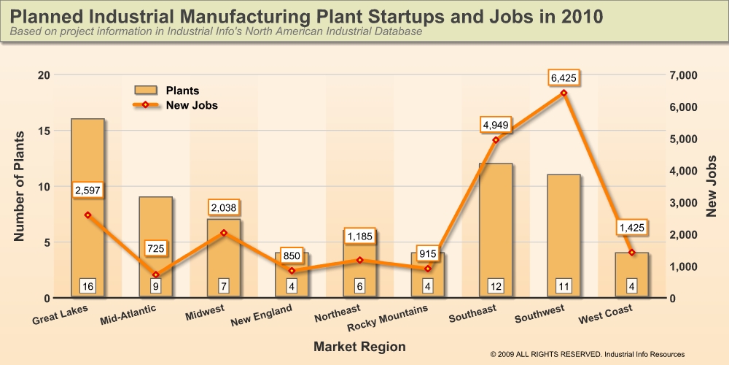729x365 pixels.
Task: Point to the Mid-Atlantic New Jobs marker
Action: click(155, 275)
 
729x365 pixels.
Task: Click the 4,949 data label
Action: click(496, 125)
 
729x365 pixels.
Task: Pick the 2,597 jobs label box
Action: click(87, 191)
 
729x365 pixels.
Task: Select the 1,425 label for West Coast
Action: click(631, 228)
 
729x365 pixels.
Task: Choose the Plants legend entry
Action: click(168, 91)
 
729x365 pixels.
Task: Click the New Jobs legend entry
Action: click(175, 105)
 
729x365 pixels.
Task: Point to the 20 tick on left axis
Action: click(44, 75)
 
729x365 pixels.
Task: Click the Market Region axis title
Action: click(359, 345)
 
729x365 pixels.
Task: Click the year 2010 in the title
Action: click(576, 16)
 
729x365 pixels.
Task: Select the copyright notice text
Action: click(588, 354)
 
